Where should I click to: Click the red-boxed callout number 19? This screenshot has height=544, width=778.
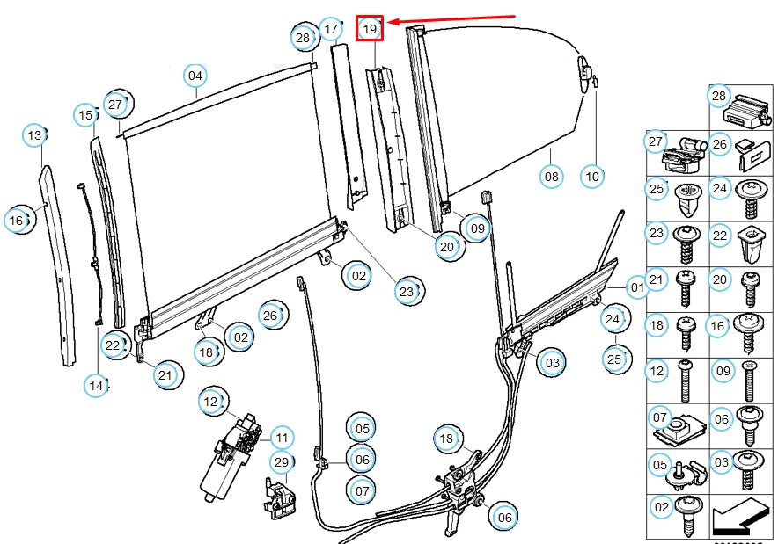point(370,29)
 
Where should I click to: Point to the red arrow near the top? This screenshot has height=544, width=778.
point(452,19)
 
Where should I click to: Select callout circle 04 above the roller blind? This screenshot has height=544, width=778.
point(195,76)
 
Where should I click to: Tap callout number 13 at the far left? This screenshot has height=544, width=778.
point(34,135)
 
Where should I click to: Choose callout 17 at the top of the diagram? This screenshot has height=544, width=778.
point(330,29)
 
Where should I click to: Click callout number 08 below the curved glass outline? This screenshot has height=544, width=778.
point(551,177)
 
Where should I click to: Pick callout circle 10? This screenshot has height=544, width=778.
point(592,177)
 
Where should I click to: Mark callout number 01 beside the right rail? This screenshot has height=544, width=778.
point(636,287)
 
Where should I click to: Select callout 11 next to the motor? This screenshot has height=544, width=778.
point(281,437)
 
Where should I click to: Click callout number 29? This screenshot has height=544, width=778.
point(281,462)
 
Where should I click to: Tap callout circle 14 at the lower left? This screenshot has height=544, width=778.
point(97,384)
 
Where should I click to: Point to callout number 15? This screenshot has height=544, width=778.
point(85,114)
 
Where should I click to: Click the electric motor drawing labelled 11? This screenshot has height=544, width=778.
point(228,460)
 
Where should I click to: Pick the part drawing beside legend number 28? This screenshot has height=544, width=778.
point(748,110)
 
